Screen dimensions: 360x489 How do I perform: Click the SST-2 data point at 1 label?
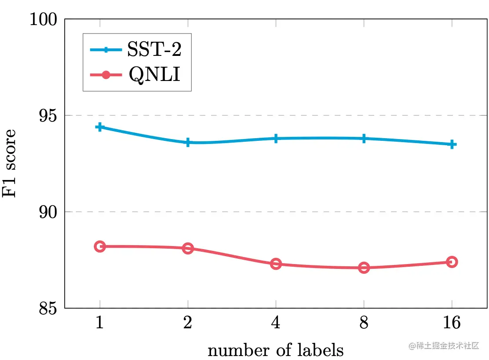pyautogui.click(x=100, y=127)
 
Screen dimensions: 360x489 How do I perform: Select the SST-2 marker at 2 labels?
pyautogui.click(x=188, y=143)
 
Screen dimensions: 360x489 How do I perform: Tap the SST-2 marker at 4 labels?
pyautogui.click(x=276, y=139)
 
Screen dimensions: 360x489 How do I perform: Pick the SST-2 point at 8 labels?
pyautogui.click(x=364, y=139)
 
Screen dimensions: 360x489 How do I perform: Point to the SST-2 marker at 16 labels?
pyautogui.click(x=452, y=144)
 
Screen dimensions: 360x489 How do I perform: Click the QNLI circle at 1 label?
pyautogui.click(x=100, y=246)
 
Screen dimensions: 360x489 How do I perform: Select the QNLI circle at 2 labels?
pyautogui.click(x=188, y=248)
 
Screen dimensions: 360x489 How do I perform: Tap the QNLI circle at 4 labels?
pyautogui.click(x=276, y=264)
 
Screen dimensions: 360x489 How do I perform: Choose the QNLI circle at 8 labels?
pyautogui.click(x=364, y=268)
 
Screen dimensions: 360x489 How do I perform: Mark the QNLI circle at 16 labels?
pyautogui.click(x=452, y=262)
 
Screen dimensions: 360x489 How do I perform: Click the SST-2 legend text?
pyautogui.click(x=154, y=49)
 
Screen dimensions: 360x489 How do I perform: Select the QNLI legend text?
pyautogui.click(x=154, y=75)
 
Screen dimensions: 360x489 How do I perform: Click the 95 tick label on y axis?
pyautogui.click(x=50, y=116)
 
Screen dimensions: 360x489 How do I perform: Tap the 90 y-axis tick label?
pyautogui.click(x=50, y=212)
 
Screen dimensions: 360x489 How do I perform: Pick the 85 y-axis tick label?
pyautogui.click(x=50, y=309)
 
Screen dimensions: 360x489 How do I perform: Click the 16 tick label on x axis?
pyautogui.click(x=452, y=323)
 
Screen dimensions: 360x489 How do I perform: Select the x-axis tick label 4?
pyautogui.click(x=276, y=323)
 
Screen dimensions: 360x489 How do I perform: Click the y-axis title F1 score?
pyautogui.click(x=11, y=163)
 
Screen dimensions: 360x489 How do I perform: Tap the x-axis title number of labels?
pyautogui.click(x=276, y=350)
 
